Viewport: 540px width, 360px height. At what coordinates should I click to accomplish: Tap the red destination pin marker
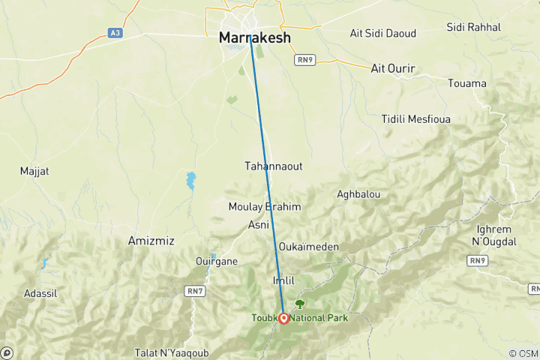pos(284,318)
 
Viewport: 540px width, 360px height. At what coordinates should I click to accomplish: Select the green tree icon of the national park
pos(300,304)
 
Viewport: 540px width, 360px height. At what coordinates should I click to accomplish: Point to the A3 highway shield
pos(114,32)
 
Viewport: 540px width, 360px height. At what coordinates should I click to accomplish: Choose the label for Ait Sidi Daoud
pos(382,33)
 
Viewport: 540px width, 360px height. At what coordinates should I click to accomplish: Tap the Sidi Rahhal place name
pos(473,27)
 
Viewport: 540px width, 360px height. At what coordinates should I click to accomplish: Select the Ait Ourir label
pos(393,68)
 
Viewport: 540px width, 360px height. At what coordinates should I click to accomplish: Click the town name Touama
pos(466,83)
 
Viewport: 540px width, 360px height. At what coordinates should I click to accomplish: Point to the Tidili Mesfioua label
pos(414,119)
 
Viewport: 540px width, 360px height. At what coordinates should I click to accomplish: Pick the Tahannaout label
pos(274,166)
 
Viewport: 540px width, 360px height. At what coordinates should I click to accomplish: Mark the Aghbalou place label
pos(358,194)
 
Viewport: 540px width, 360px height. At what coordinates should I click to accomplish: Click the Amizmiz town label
pos(151,241)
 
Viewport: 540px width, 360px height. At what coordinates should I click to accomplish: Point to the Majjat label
pos(34,171)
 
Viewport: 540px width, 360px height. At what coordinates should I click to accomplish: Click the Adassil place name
pos(40,292)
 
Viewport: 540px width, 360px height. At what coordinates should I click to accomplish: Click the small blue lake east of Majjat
pos(191,181)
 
